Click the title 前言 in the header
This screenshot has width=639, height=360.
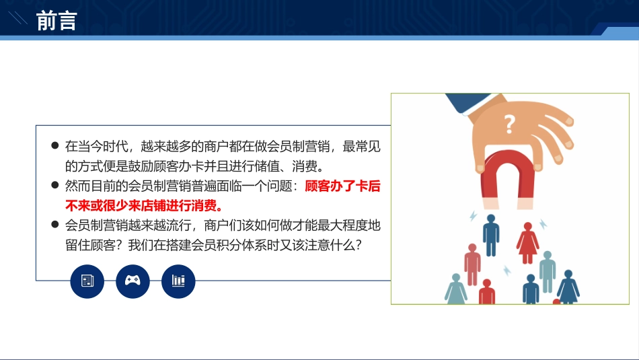[57, 21]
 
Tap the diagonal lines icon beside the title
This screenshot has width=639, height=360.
[17, 18]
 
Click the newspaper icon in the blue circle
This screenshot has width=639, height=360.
[87, 281]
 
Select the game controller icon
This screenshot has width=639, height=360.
[133, 281]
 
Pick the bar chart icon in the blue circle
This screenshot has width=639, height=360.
[178, 281]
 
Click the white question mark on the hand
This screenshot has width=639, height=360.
[509, 124]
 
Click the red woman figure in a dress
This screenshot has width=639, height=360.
[527, 243]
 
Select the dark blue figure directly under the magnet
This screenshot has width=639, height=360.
[491, 235]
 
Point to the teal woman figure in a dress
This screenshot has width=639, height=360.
[456, 289]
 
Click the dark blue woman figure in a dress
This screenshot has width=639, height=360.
[568, 287]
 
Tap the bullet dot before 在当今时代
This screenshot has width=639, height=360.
[55, 145]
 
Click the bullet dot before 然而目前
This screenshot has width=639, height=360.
[55, 185]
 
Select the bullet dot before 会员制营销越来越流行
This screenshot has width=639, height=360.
[55, 224]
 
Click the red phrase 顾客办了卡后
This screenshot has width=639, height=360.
[342, 186]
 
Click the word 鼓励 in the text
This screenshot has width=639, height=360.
[141, 166]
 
